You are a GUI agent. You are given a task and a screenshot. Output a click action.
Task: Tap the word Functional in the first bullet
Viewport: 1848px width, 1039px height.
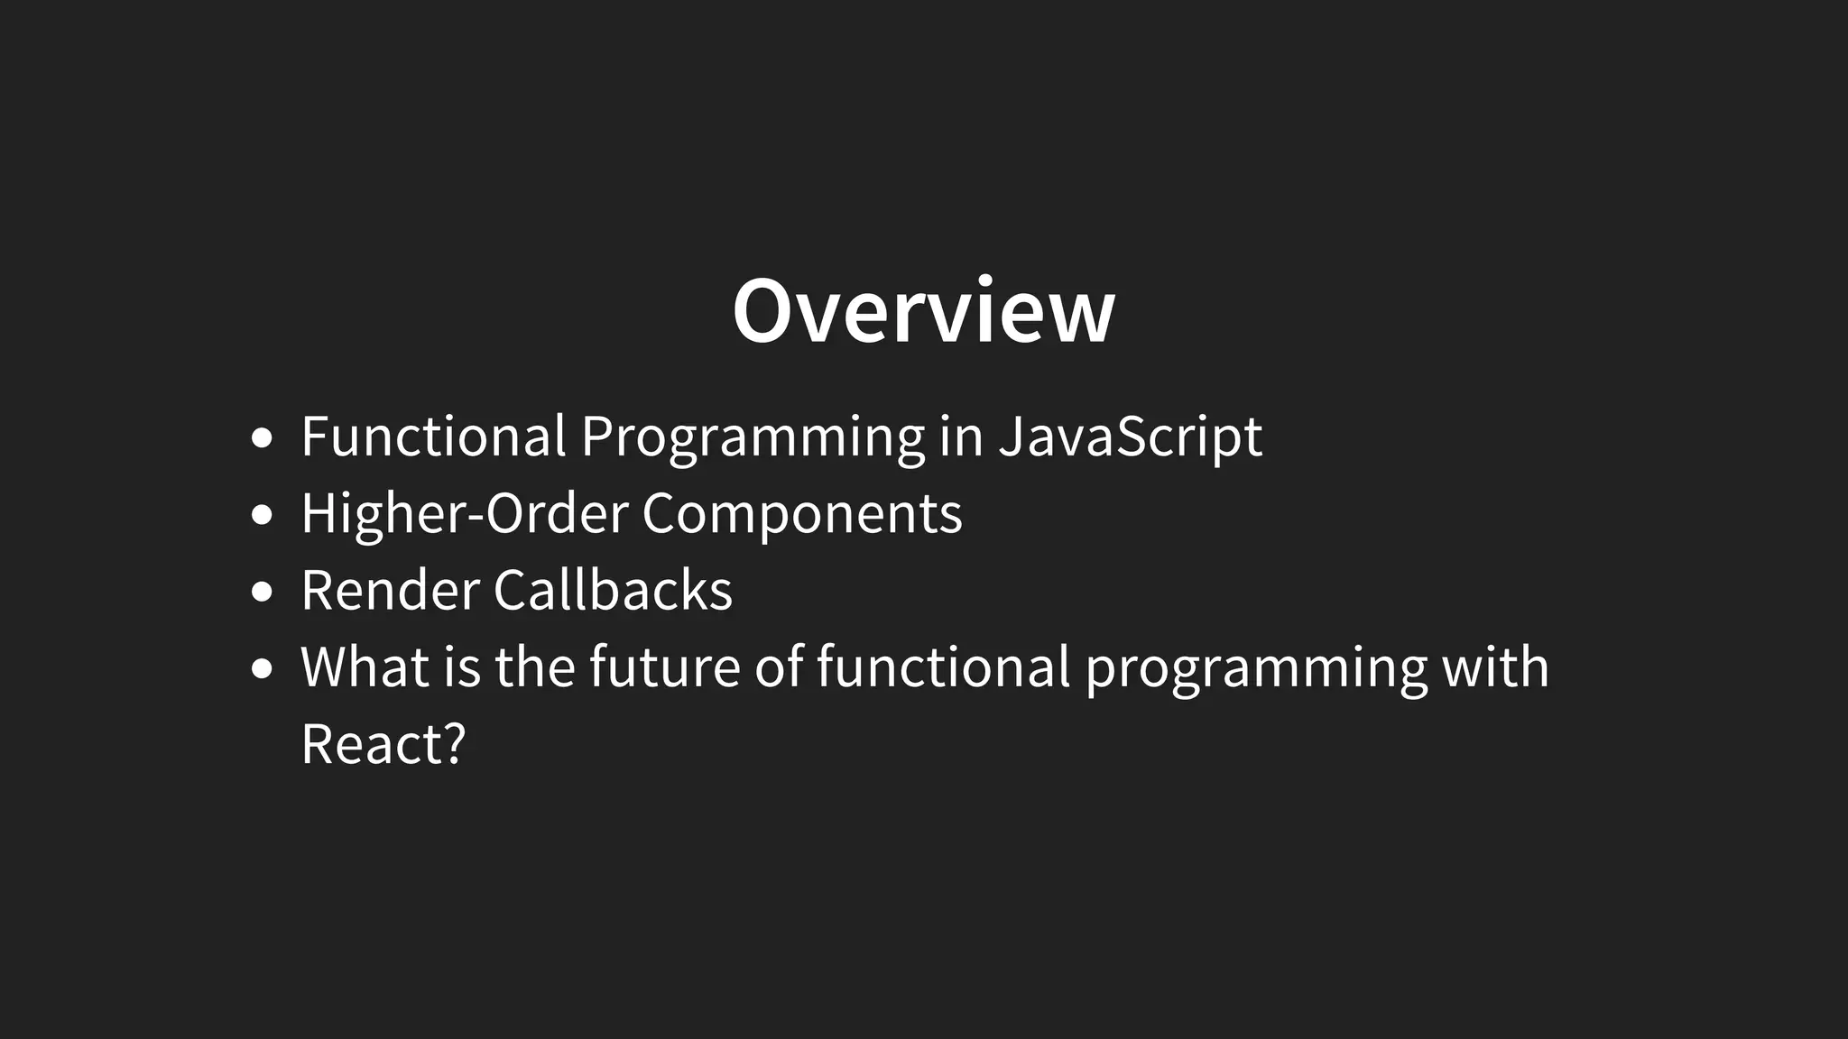433,437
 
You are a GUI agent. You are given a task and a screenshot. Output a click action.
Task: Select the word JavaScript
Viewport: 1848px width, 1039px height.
1130,437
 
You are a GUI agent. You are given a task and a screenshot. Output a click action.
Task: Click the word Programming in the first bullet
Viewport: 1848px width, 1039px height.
753,437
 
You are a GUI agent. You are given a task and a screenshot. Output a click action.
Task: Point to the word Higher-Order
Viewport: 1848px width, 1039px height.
464,514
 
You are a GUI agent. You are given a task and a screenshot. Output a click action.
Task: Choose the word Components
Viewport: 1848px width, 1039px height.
801,514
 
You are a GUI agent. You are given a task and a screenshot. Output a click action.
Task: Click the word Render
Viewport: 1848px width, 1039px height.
390,591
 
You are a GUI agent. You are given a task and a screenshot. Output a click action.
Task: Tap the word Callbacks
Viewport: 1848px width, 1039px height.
613,591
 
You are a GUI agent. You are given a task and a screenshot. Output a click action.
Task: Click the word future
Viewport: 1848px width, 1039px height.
664,667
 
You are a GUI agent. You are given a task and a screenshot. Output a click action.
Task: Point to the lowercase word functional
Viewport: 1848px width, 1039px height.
943,667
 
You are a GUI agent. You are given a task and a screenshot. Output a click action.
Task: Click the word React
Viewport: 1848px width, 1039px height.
371,745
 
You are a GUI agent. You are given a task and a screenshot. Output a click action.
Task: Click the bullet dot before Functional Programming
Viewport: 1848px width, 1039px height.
262,439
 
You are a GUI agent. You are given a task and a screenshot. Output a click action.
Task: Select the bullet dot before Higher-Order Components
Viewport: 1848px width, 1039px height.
262,516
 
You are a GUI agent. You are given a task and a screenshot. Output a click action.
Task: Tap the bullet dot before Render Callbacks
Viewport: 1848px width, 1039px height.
262,593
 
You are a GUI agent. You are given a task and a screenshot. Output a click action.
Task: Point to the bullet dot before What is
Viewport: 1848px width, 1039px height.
262,669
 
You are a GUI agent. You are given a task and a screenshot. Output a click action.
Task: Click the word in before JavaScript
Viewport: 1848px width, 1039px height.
960,437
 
